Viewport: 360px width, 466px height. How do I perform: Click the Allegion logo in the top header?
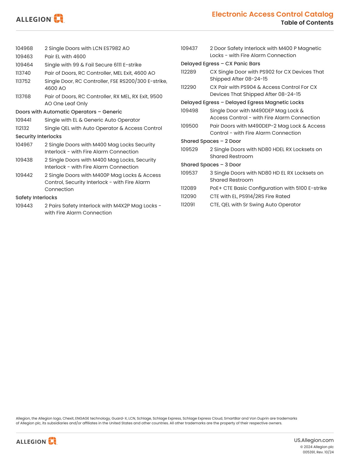[40, 19]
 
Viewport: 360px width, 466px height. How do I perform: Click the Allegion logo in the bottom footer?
[36, 441]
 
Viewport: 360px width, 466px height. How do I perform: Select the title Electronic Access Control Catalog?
[272, 14]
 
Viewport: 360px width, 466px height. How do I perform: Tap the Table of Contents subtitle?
[307, 23]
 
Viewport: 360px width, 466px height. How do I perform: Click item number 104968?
[24, 48]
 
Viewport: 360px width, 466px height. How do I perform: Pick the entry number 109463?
[24, 56]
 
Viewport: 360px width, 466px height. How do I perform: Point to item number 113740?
[23, 73]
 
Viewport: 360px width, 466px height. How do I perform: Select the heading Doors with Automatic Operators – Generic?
[69, 112]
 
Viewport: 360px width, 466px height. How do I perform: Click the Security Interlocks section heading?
[39, 137]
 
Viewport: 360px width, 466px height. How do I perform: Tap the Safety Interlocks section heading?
[36, 198]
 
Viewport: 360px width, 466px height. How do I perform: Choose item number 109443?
[24, 206]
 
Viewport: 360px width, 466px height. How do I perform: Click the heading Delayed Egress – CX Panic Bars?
[220, 64]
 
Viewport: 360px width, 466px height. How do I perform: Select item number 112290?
[188, 87]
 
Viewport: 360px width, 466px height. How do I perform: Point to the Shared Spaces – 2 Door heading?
[211, 141]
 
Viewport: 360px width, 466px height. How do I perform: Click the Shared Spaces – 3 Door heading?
[211, 165]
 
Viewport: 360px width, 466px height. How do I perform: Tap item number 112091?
[188, 204]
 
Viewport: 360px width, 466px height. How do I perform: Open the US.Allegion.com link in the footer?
[314, 440]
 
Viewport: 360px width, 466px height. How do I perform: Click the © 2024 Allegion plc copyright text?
[317, 447]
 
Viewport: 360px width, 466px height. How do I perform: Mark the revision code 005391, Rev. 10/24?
[318, 452]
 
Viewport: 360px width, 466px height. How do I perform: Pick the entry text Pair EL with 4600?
[65, 56]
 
